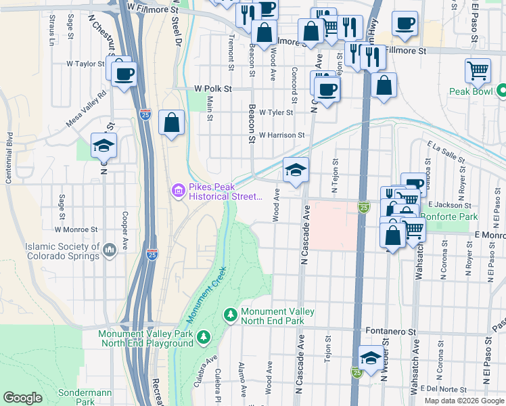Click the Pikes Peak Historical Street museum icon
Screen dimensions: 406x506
(x=179, y=191)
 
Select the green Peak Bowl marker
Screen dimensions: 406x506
(x=502, y=90)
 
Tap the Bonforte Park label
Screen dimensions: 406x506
(x=449, y=217)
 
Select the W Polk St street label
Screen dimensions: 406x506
(x=213, y=89)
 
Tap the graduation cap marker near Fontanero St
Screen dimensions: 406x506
(x=371, y=359)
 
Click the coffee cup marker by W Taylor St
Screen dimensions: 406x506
(x=124, y=74)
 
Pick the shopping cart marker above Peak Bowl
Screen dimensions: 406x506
(x=478, y=70)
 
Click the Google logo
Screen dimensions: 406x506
(x=23, y=398)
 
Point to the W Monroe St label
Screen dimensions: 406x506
(x=82, y=229)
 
